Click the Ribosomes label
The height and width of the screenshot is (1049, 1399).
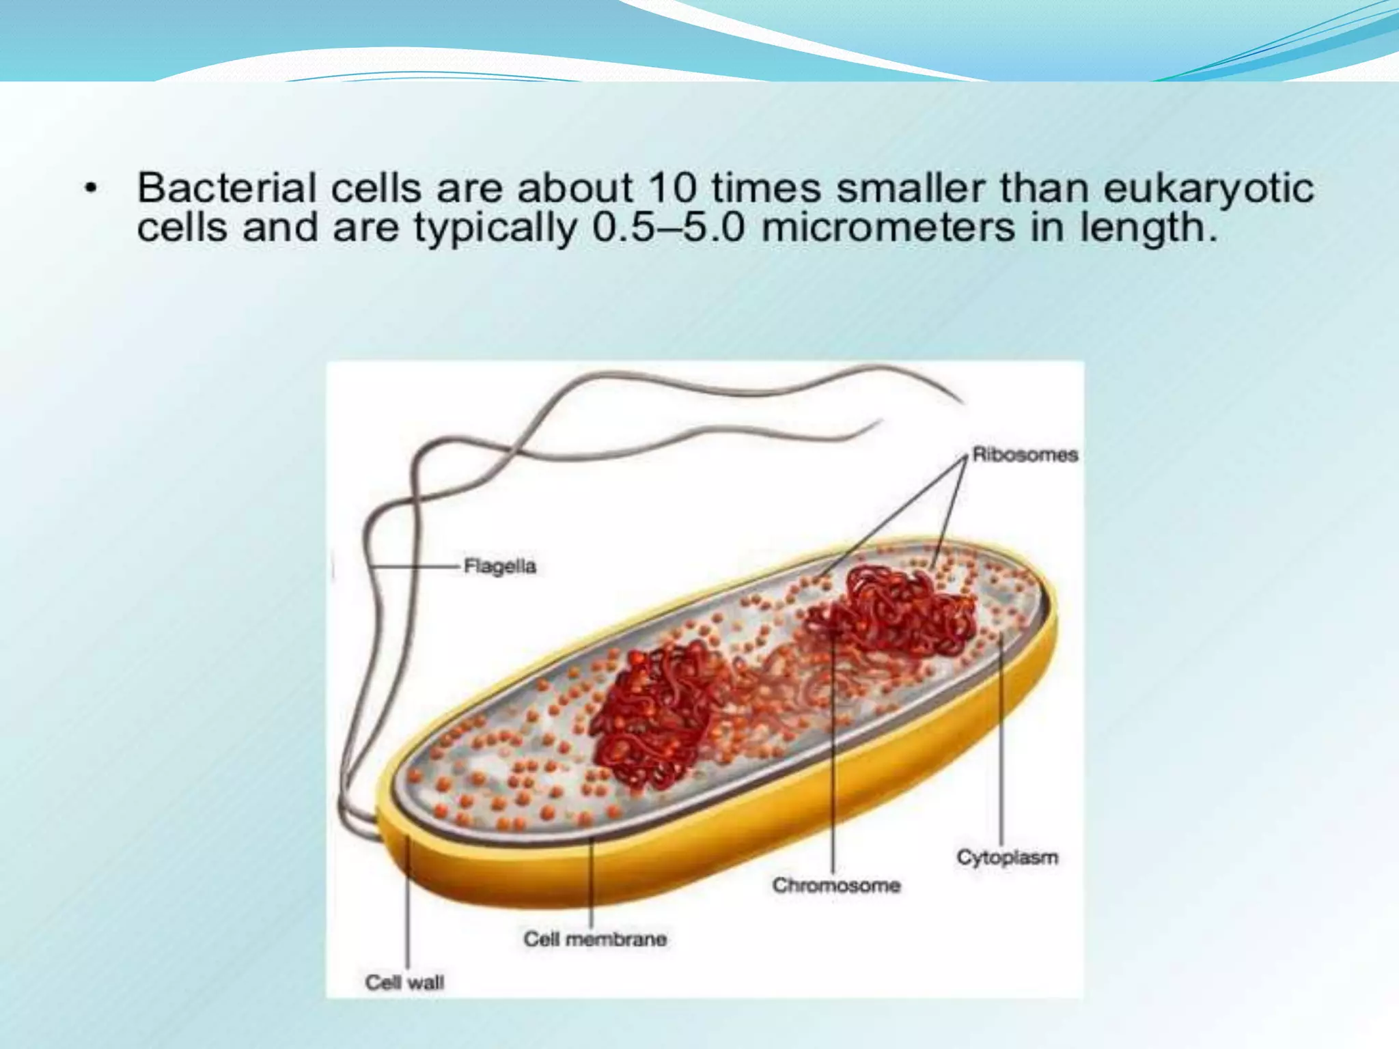pyautogui.click(x=1025, y=455)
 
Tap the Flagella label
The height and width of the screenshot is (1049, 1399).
pyautogui.click(x=499, y=566)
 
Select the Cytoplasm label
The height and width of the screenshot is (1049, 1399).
pyautogui.click(x=1007, y=857)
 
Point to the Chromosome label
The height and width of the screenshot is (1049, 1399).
pyautogui.click(x=836, y=885)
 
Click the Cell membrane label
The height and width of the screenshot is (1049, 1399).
pyautogui.click(x=594, y=939)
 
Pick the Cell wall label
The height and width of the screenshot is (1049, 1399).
pyautogui.click(x=404, y=983)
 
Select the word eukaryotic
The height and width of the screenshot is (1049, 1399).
pyautogui.click(x=1208, y=189)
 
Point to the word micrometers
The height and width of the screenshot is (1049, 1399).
pyautogui.click(x=888, y=227)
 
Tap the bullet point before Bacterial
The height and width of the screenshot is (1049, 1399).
pyautogui.click(x=89, y=188)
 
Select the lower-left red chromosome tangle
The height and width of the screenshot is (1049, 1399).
pyautogui.click(x=649, y=717)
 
